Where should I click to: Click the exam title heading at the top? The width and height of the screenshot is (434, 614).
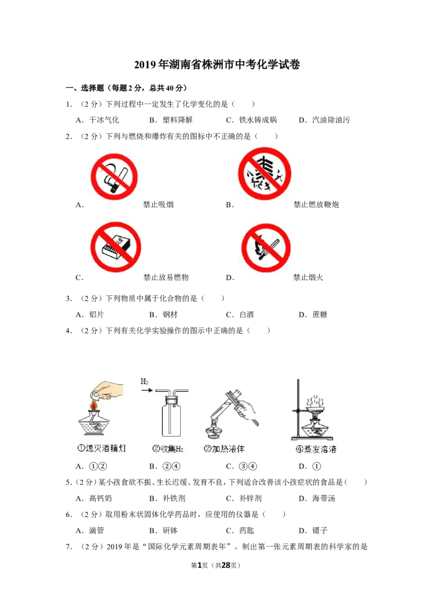[x=216, y=65]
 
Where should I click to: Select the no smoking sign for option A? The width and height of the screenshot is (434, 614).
[x=114, y=177]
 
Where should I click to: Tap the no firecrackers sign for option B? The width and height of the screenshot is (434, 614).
[x=265, y=174]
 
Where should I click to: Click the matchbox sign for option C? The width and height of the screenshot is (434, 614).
[x=116, y=247]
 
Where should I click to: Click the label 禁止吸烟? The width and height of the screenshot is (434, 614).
[x=158, y=204]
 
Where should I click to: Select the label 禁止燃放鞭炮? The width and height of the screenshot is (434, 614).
[x=316, y=204]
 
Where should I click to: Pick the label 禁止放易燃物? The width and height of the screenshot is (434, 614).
[x=165, y=277]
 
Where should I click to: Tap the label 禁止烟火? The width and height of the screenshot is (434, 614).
[x=308, y=277]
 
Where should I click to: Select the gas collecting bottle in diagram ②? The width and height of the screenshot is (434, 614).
[x=171, y=416]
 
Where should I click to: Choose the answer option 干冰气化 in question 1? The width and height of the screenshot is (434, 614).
[x=104, y=120]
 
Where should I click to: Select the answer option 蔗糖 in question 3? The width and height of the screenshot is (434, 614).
[x=320, y=315]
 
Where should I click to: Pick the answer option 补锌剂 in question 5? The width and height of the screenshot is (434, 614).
[x=250, y=498]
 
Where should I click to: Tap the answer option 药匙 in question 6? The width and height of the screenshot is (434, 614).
[x=246, y=530]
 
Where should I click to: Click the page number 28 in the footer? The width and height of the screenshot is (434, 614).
[x=226, y=565]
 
